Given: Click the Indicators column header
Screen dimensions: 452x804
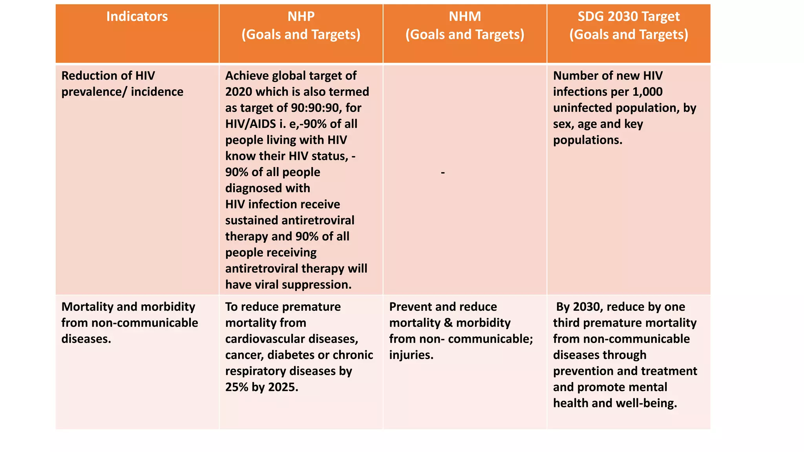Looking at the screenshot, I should click(137, 16).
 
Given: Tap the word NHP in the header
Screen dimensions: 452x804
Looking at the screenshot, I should click(301, 16).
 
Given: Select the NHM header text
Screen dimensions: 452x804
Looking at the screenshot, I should click(464, 16).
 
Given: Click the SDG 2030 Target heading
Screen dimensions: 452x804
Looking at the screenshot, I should click(628, 16).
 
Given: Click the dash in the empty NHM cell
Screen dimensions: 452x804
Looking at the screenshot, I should click(443, 172).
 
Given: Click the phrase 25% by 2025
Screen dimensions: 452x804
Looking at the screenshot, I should click(261, 387).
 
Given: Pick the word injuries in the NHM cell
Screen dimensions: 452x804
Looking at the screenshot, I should click(411, 355).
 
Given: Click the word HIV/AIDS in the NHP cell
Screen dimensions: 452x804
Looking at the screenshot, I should click(250, 124).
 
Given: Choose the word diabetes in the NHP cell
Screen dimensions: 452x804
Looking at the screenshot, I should click(291, 355).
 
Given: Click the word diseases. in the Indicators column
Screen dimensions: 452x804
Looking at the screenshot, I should click(86, 339).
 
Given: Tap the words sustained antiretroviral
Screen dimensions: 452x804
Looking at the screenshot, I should click(290, 221).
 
